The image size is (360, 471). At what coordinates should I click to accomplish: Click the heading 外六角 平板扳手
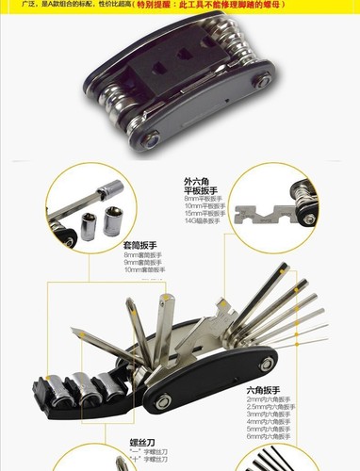pos(202,186)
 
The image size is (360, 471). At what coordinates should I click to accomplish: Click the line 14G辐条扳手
pos(203,224)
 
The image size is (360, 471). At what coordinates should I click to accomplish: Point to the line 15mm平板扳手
pos(204,216)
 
